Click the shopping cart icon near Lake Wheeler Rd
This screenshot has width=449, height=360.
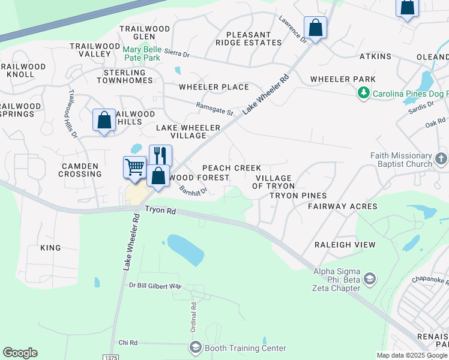coord(135,167)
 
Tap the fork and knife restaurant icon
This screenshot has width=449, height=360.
coord(160,155)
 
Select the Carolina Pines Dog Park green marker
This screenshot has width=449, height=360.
coord(363,94)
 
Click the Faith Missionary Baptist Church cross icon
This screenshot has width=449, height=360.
coord(441,159)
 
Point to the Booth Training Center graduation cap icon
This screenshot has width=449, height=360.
coord(196,348)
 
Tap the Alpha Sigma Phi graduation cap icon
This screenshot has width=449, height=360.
coord(370,279)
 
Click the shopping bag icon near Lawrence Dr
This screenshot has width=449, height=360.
coord(315,28)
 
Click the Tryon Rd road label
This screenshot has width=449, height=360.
coord(160,211)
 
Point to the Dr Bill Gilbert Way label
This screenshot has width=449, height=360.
coord(155,286)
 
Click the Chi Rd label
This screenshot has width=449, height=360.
coord(128,343)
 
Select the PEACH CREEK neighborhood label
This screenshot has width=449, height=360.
coord(231,168)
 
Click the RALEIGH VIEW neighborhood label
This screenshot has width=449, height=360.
coord(345,245)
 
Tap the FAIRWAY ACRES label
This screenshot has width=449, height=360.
coord(342,206)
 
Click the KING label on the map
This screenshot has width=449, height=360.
coord(50,248)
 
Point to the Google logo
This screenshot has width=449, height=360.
coord(20,353)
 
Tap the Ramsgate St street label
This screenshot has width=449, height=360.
coord(214,108)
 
